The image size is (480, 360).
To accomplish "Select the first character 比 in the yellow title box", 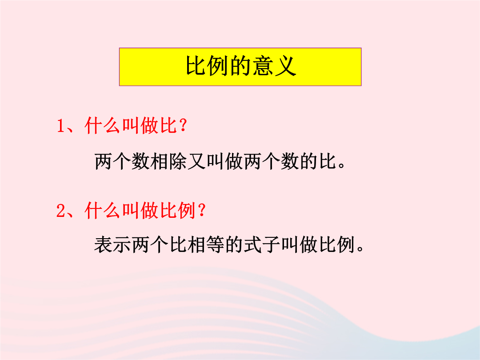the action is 195,66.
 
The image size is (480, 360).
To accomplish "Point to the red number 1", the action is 61,126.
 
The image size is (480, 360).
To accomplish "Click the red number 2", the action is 61,211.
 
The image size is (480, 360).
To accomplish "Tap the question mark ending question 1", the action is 184,125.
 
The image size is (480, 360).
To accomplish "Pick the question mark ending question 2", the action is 202,210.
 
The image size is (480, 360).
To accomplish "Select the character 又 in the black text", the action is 197,161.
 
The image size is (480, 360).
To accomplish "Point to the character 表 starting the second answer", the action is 103,244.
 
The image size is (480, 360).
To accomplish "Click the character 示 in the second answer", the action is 122,244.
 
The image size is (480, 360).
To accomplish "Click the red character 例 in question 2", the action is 187,211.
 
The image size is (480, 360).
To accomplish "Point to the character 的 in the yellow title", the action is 240,66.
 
